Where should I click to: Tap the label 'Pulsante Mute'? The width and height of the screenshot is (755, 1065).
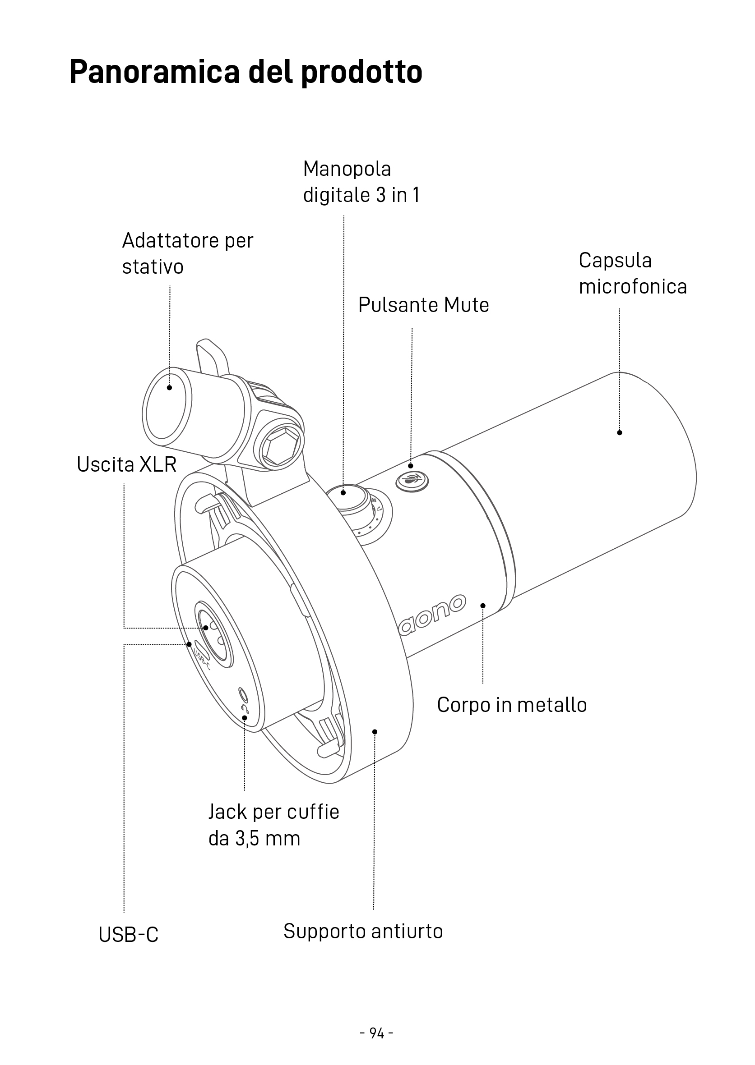[x=423, y=305]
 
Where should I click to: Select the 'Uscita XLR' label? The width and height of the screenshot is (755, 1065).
[x=126, y=464]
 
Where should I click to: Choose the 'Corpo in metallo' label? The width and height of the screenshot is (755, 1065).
[x=511, y=705]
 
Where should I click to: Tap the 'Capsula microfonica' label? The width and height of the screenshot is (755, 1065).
[x=632, y=273]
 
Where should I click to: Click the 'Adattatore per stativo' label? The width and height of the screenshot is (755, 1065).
[x=187, y=253]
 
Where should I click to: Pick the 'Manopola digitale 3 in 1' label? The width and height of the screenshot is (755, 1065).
[x=361, y=182]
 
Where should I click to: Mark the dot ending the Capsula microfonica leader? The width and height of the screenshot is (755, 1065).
[x=619, y=433]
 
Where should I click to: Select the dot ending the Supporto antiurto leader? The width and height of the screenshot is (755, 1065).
[x=375, y=732]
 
